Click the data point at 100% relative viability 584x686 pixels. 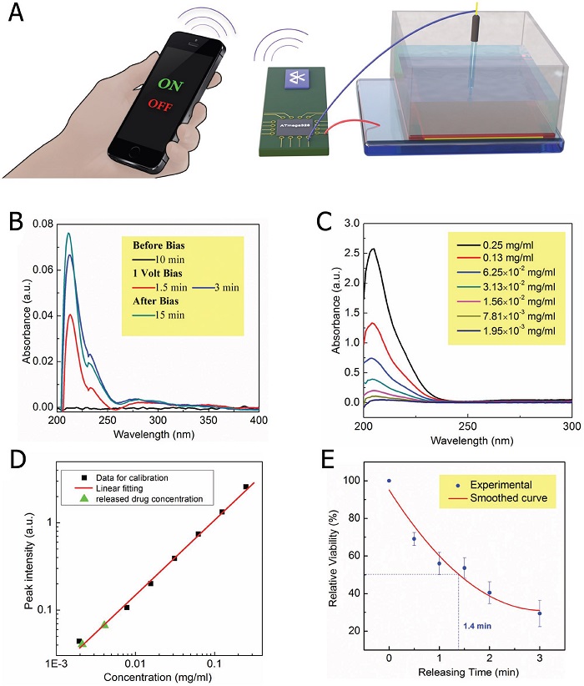[389, 481]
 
